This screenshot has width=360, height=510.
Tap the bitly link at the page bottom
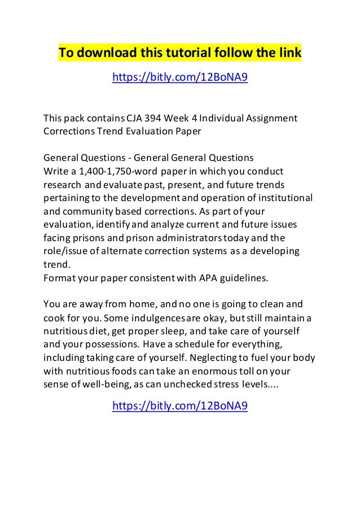pos(180,406)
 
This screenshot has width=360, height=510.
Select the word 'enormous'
pos(231,370)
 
